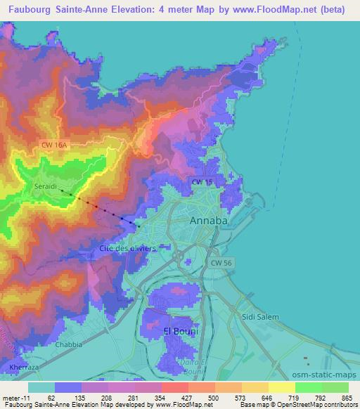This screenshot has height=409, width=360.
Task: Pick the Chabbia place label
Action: (70, 345)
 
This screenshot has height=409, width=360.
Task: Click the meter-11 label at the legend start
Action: (15, 398)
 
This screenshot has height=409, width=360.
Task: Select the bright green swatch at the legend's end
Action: (335, 387)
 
